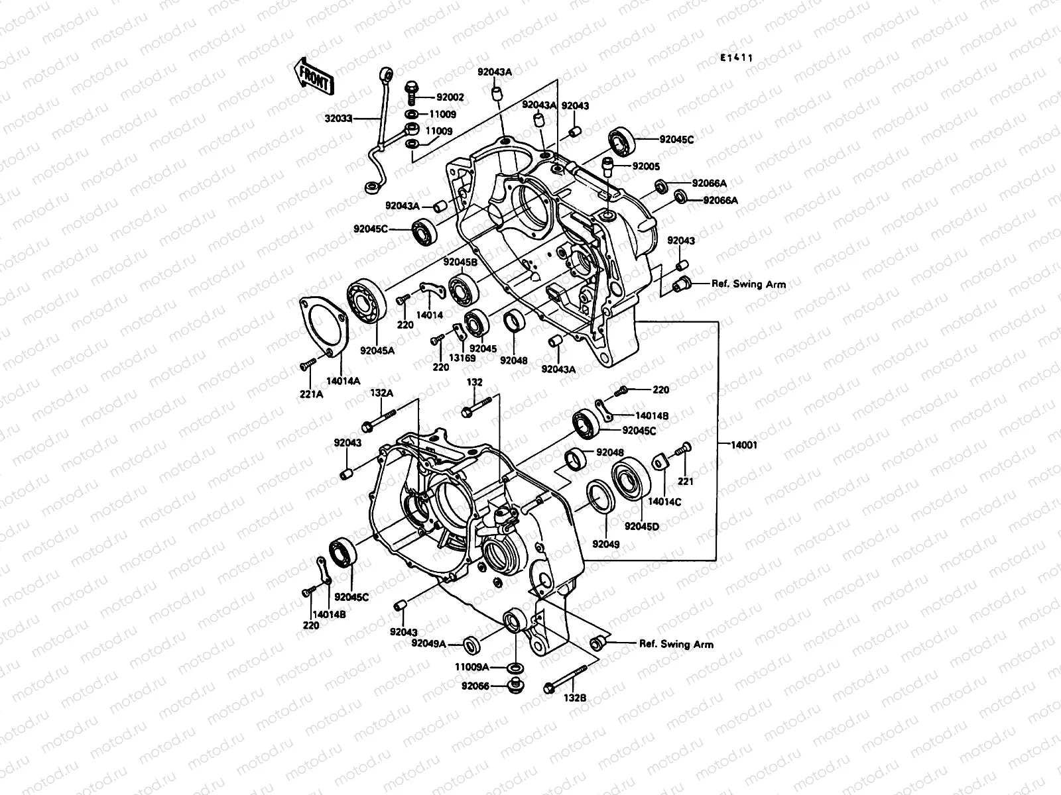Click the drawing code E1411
coord(737,58)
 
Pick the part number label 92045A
coord(378,350)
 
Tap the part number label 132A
coord(381,393)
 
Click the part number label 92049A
coord(428,643)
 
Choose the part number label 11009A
coord(471,667)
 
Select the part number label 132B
coord(575,698)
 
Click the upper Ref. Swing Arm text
coord(749,284)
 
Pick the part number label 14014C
coord(664,502)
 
